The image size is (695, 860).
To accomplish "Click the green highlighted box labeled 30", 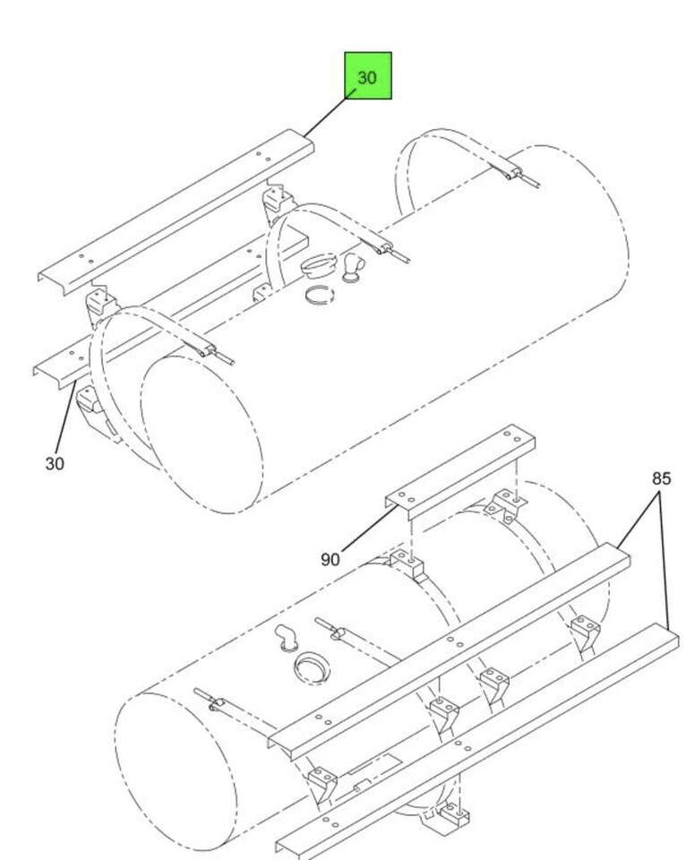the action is (x=367, y=75).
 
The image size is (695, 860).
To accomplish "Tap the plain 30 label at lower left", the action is (x=55, y=463).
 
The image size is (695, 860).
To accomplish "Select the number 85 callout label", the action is (x=661, y=478).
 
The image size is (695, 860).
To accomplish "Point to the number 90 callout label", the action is (x=330, y=559).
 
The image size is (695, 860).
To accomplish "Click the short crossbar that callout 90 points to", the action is (x=459, y=472).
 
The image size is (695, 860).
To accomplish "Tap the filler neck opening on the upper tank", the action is (x=320, y=266).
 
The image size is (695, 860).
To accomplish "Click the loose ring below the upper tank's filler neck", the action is (x=320, y=295).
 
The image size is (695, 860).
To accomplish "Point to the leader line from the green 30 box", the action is (x=325, y=116).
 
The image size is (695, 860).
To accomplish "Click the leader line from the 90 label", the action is (x=369, y=528).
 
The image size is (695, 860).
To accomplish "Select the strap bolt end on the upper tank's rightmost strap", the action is (x=523, y=177).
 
